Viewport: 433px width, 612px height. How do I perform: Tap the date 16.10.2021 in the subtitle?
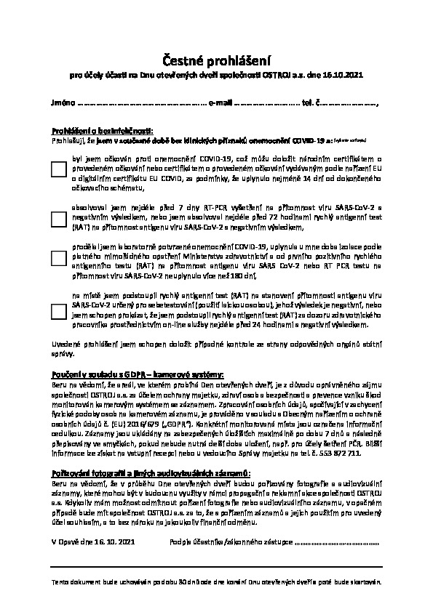coord(342,75)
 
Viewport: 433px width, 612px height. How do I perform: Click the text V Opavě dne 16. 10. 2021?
coord(93,541)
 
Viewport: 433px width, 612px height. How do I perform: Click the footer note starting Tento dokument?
coord(216,582)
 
